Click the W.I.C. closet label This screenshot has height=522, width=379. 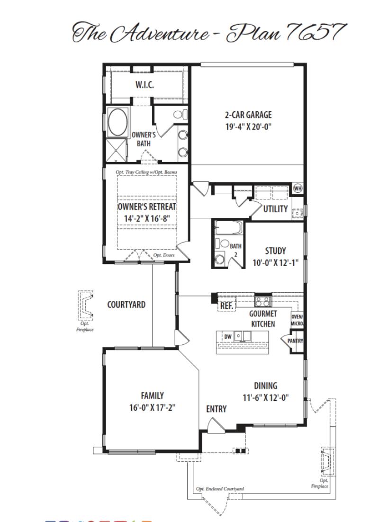tap(144, 85)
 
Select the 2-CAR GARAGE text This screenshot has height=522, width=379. tap(248, 115)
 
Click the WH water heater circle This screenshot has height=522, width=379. tap(298, 188)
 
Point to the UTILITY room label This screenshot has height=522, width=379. tap(275, 209)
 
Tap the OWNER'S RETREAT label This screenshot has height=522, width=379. tap(147, 207)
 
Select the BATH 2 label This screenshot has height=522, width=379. tap(235, 249)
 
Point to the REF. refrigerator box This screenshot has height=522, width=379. tap(226, 306)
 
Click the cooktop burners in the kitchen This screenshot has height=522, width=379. tap(263, 301)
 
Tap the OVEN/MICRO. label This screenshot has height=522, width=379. tap(297, 320)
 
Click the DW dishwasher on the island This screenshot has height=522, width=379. tap(228, 336)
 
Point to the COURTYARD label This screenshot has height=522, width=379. tap(126, 305)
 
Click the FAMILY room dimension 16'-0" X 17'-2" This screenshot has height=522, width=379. tap(152, 407)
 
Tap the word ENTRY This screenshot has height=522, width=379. tap(216, 409)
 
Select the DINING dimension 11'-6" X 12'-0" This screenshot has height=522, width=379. tap(265, 398)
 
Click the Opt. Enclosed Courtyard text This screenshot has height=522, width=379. tap(220, 489)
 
